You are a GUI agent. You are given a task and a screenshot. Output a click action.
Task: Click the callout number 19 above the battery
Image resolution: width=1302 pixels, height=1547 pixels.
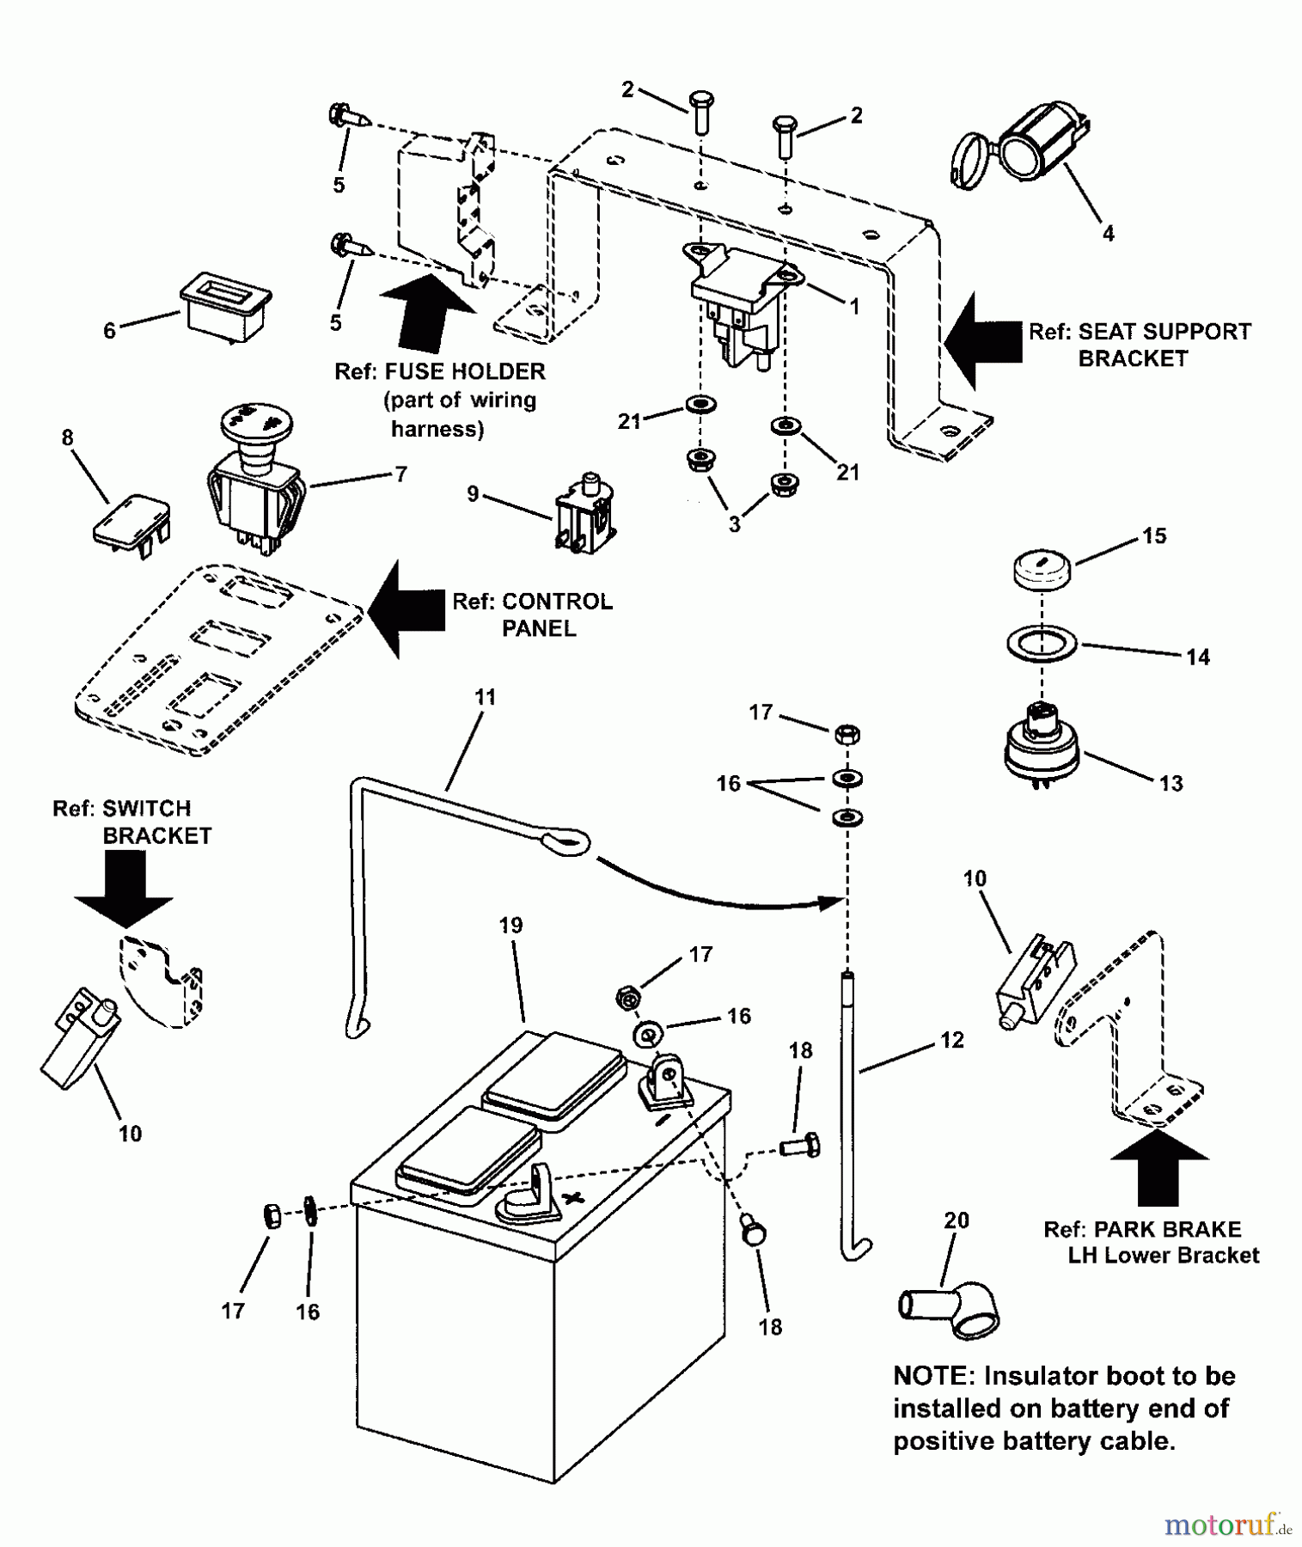point(510,926)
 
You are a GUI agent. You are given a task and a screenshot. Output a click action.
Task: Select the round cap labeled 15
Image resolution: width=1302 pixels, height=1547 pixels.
point(1042,571)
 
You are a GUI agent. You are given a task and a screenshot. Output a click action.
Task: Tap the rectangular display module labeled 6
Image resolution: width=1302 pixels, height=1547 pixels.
point(225,305)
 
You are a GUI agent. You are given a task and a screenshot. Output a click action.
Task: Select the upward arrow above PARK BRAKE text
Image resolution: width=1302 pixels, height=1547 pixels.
point(1159,1167)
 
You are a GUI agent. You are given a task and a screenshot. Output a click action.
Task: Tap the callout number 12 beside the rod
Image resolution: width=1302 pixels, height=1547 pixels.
point(952,1040)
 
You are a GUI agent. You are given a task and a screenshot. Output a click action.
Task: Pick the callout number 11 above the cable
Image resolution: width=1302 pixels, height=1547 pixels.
point(486,697)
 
